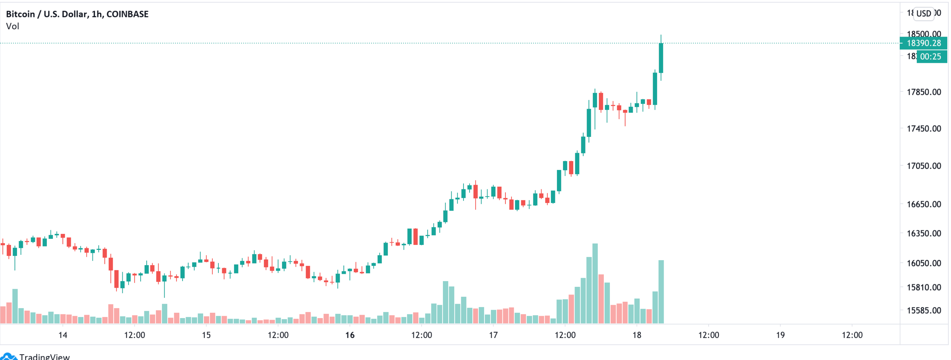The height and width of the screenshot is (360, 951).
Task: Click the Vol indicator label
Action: (x=13, y=26)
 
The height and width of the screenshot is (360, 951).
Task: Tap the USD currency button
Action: (x=924, y=14)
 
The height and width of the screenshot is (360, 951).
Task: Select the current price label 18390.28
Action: (x=924, y=43)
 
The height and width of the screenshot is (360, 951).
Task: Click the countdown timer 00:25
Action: (x=931, y=57)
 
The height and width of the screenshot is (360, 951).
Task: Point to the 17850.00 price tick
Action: (x=924, y=92)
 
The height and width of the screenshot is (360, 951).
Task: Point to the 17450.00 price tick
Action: (x=924, y=128)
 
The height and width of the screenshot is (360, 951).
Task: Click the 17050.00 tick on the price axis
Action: (x=924, y=166)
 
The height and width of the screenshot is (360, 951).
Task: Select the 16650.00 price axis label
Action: (x=924, y=204)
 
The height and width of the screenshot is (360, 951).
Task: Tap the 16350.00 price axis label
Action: (x=924, y=233)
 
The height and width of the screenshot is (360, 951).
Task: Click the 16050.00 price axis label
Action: (x=924, y=263)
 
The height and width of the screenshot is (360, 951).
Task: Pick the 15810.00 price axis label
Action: (x=924, y=287)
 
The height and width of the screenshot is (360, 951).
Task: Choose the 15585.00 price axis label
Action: (x=924, y=310)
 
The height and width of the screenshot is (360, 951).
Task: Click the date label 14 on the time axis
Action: (x=63, y=335)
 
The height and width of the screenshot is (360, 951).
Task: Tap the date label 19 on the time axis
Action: (x=780, y=335)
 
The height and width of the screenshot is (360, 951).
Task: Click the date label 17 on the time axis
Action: (x=493, y=335)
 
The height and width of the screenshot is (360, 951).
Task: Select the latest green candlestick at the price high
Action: (x=661, y=58)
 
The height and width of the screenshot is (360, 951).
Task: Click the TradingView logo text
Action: (x=44, y=356)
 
